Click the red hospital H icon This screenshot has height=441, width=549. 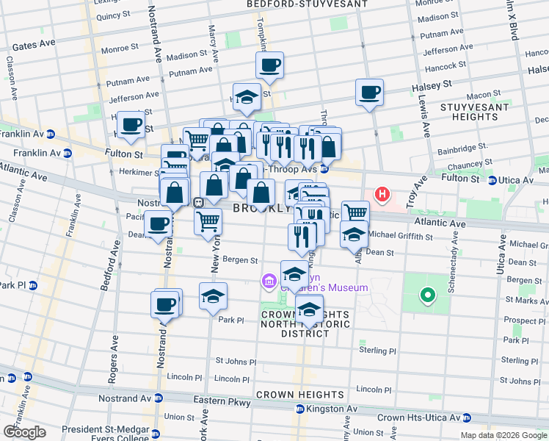point(382,195)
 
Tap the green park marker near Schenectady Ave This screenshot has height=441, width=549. point(426,296)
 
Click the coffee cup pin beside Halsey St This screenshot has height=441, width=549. point(369,93)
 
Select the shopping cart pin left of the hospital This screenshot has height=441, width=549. point(355,212)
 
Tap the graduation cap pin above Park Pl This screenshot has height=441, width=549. point(213,295)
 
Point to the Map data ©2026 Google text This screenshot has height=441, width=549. point(503,435)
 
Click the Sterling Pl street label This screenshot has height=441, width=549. point(378,351)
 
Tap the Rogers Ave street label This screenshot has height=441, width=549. point(114,367)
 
